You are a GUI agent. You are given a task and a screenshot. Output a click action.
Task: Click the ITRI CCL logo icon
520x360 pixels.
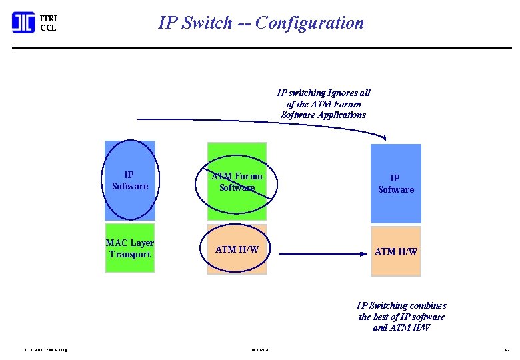[23, 23]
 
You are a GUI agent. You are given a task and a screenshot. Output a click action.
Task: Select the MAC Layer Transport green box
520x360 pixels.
[130, 249]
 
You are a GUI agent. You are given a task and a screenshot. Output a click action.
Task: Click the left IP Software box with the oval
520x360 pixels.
[130, 181]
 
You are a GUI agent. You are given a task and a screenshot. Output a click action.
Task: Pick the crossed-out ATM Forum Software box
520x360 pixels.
[237, 181]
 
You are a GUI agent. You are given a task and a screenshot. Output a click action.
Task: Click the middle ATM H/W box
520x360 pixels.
[237, 249]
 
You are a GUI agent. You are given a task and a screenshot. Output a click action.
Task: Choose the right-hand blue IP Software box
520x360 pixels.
[396, 184]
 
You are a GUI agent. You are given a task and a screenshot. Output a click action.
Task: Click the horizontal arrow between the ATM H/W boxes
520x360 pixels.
[323, 253]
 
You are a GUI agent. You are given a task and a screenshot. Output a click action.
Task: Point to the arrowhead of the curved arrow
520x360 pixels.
[384, 137]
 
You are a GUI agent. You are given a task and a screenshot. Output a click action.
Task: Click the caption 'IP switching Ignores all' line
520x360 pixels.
[323, 93]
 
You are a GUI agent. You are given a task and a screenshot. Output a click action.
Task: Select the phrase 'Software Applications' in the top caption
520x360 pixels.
[323, 115]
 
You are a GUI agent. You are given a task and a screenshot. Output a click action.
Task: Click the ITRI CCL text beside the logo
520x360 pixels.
[48, 23]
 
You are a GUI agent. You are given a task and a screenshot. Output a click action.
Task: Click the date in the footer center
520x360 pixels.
[260, 349]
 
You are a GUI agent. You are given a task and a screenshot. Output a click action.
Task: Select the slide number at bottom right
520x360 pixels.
[506, 349]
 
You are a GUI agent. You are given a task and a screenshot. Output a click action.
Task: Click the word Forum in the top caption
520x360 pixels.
[347, 104]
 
